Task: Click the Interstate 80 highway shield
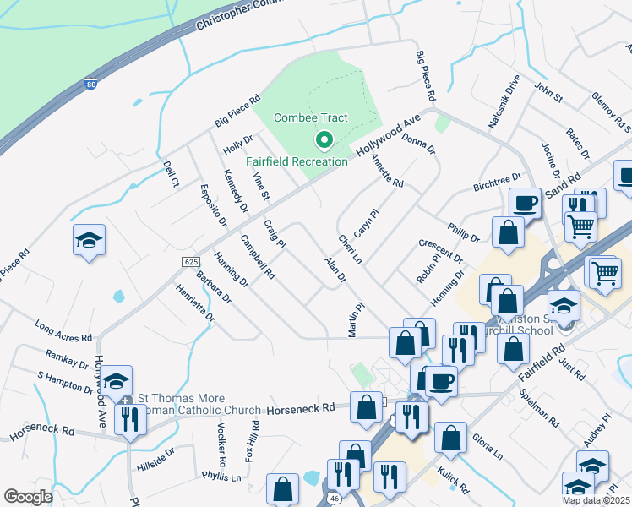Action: (x=91, y=84)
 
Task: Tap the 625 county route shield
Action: (x=190, y=263)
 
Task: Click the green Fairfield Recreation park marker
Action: (x=321, y=140)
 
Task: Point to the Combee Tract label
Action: (x=311, y=119)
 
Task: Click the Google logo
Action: (x=29, y=497)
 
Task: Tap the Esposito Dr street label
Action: (x=213, y=205)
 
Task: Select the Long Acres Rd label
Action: (x=63, y=330)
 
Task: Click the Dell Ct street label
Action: (x=171, y=172)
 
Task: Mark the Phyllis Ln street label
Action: (x=222, y=477)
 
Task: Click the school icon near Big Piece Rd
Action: (x=89, y=241)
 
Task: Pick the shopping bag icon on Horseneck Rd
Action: (x=367, y=407)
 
